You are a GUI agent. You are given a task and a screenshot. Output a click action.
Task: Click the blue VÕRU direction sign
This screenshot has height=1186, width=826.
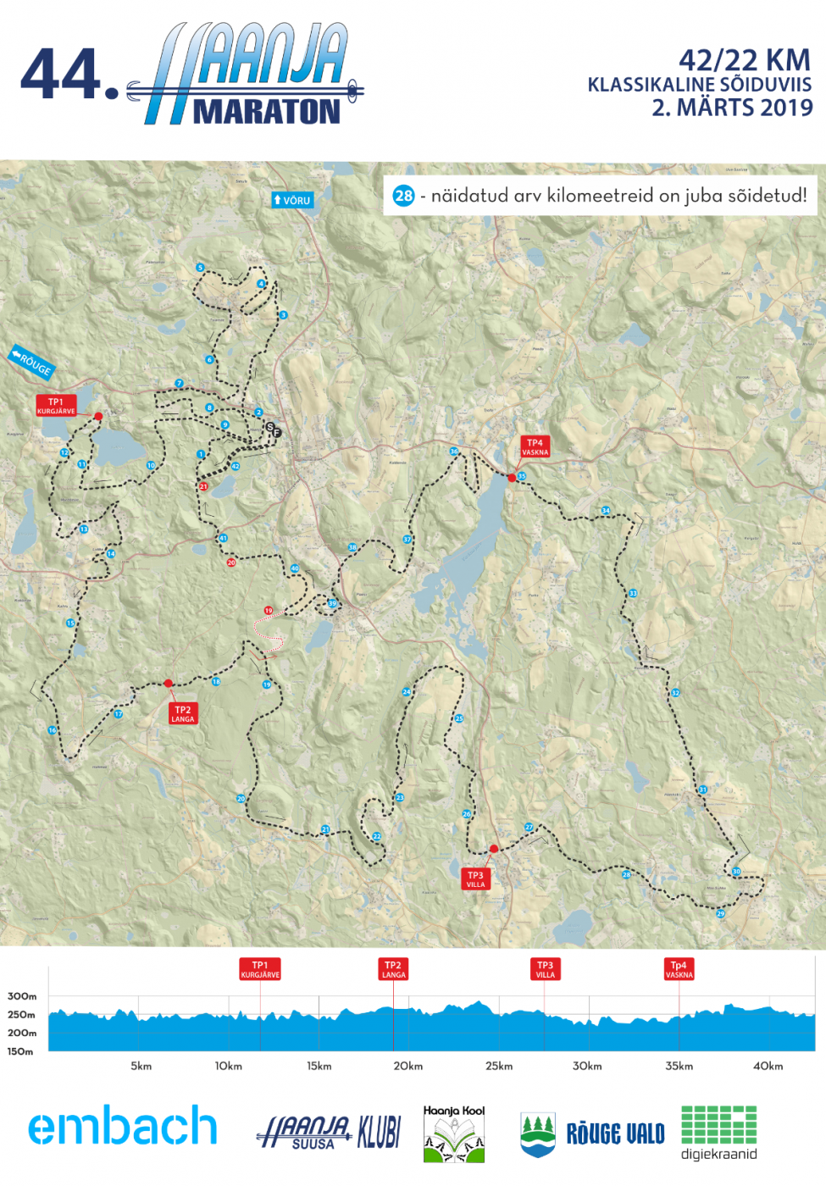tap(292, 200)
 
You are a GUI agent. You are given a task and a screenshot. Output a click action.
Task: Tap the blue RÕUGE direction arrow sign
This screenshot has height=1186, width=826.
tap(31, 362)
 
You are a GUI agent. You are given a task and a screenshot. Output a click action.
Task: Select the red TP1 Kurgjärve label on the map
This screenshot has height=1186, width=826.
tap(56, 406)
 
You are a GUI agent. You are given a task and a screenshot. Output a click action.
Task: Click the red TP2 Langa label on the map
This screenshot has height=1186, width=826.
tap(182, 713)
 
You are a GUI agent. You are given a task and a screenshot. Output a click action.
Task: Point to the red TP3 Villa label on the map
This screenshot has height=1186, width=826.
tap(475, 879)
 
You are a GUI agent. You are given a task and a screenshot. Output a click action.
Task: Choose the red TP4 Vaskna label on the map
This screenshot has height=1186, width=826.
tap(535, 446)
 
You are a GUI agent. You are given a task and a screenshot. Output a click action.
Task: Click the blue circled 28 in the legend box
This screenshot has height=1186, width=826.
tap(403, 196)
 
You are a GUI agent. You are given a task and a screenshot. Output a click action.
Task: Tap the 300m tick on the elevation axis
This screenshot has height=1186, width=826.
tap(22, 996)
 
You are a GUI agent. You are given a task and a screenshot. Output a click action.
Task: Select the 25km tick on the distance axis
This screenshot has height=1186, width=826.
tap(499, 1066)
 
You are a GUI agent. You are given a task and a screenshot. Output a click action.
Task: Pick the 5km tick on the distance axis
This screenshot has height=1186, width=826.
tap(141, 1066)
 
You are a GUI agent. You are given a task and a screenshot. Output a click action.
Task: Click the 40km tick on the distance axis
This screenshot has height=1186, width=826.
tap(768, 1066)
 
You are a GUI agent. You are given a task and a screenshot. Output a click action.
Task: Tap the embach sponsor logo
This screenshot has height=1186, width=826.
tap(123, 1126)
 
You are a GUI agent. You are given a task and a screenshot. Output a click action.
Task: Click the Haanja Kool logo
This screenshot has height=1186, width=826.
tap(454, 1133)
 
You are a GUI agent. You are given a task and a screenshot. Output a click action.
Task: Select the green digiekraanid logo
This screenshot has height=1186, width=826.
tap(718, 1132)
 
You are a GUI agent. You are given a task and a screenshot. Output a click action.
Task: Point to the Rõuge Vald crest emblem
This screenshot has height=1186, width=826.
tap(538, 1134)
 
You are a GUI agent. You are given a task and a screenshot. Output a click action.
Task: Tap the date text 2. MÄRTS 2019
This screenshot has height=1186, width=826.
tap(732, 108)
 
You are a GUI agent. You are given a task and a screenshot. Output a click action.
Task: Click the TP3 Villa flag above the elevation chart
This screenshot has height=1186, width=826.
tap(545, 969)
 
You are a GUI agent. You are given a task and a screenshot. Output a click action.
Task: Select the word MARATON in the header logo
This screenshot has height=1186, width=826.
tap(267, 112)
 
